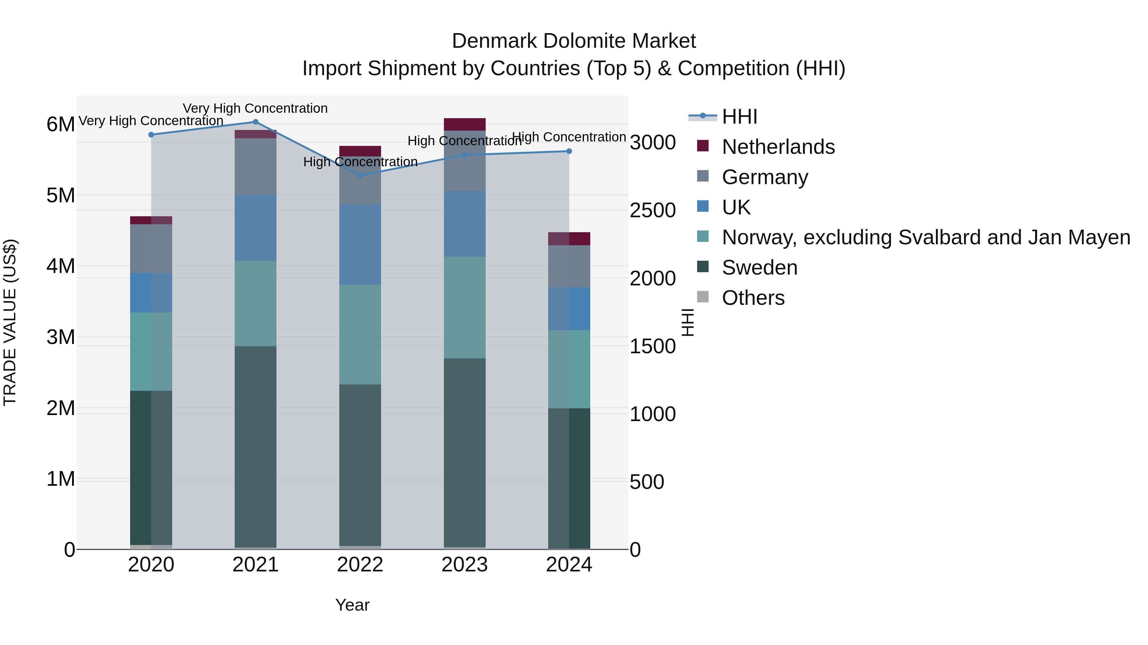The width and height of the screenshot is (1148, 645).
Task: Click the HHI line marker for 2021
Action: (x=255, y=122)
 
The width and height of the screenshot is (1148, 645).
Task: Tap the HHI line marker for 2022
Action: (x=360, y=176)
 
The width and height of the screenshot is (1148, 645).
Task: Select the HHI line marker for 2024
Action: (x=569, y=151)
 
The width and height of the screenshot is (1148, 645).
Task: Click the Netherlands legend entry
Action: (x=778, y=147)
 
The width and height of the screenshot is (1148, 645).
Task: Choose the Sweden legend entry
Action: (x=759, y=268)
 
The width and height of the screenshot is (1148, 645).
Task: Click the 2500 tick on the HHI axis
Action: (x=652, y=211)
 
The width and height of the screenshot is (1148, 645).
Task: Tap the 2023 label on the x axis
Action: (x=464, y=565)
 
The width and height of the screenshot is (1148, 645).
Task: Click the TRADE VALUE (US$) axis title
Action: (x=10, y=322)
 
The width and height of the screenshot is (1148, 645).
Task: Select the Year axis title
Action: (x=352, y=605)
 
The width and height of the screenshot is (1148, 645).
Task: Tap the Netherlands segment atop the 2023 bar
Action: (x=464, y=124)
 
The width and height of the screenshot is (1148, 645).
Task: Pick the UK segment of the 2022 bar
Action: (x=360, y=245)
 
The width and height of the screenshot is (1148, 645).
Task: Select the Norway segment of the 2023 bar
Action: (x=464, y=307)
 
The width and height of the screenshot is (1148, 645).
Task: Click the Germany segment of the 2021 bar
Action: (x=255, y=167)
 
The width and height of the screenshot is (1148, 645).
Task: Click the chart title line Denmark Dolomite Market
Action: (x=574, y=41)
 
